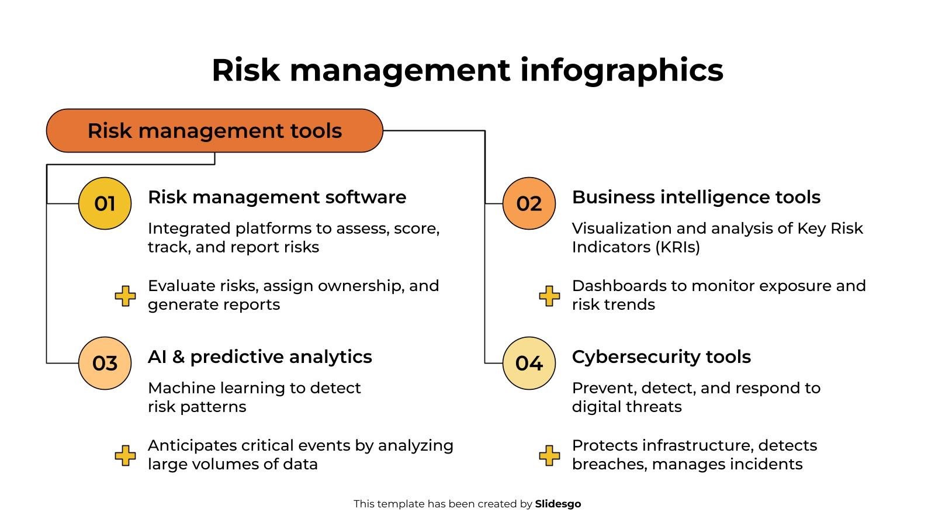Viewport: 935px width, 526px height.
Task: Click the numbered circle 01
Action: [x=105, y=203]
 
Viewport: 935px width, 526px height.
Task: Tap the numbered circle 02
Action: [x=529, y=203]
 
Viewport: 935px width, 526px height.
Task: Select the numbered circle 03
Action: [x=105, y=363]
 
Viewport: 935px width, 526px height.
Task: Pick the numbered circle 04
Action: [x=529, y=363]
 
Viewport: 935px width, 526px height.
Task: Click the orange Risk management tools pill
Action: [x=214, y=130]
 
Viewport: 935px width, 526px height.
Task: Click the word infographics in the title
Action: [x=621, y=70]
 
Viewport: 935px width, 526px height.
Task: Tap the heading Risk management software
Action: [x=277, y=197]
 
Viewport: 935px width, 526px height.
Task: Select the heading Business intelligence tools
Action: [x=696, y=197]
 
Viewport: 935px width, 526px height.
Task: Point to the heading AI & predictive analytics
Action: [x=260, y=357]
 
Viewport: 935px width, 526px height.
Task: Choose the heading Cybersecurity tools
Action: [x=661, y=357]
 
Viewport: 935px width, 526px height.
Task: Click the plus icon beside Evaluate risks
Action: [x=125, y=296]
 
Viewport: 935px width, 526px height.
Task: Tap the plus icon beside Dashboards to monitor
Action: [x=549, y=296]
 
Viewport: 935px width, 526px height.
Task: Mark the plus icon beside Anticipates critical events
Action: [x=125, y=455]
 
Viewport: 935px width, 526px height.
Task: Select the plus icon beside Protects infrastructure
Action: [x=549, y=455]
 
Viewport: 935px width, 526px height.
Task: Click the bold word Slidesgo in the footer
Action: [x=558, y=504]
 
